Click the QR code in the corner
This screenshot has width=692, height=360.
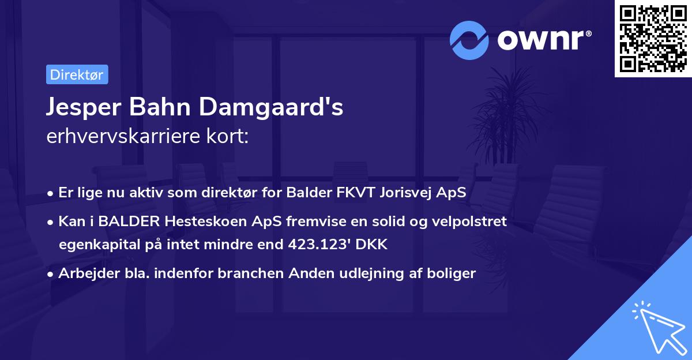tap(653, 38)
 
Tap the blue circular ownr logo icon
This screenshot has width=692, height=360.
tap(469, 40)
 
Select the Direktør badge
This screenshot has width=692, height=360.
tap(77, 74)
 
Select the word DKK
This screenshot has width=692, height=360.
tap(373, 245)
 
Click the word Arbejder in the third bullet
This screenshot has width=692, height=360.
tap(84, 273)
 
